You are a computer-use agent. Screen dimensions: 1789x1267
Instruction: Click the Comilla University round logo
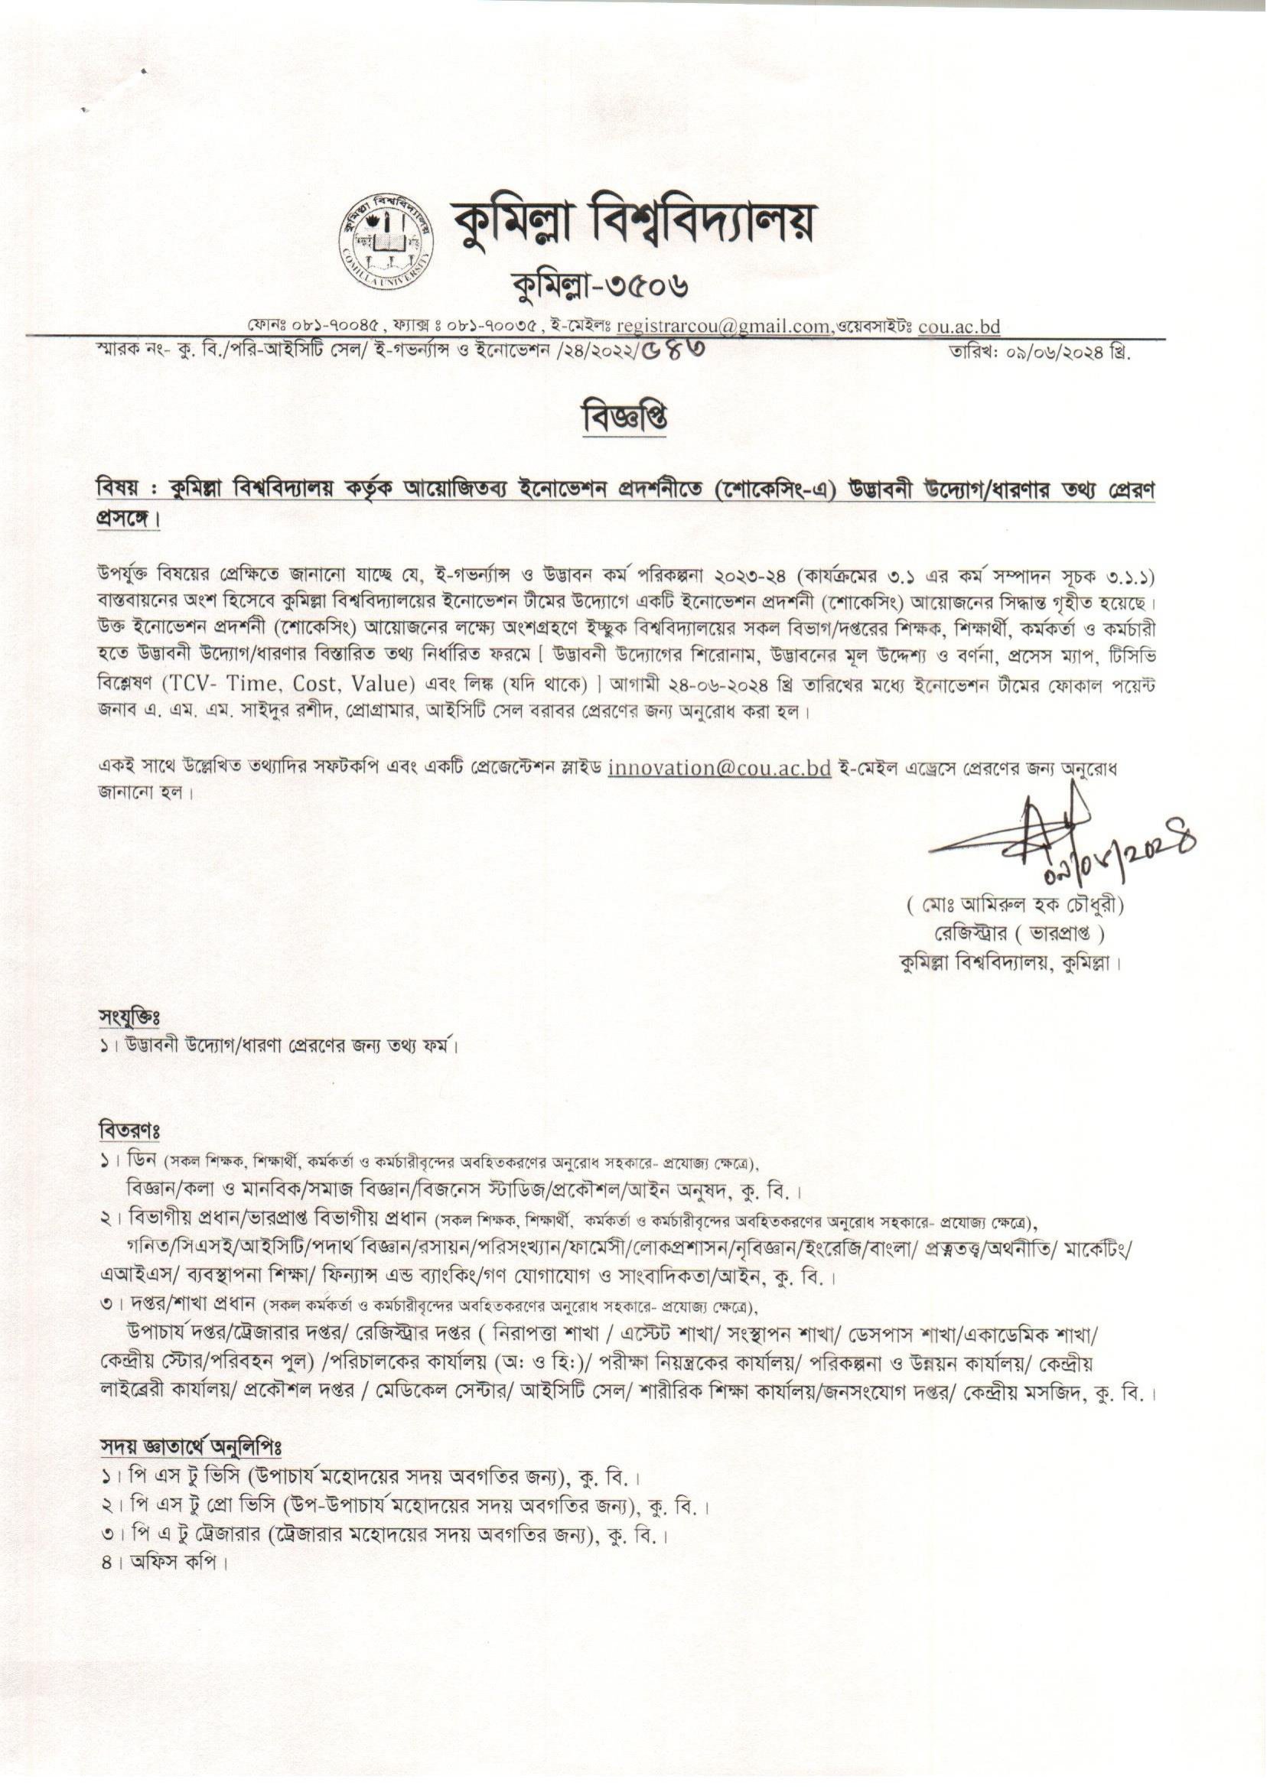tap(385, 239)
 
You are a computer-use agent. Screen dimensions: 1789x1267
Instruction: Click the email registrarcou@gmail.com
tap(722, 327)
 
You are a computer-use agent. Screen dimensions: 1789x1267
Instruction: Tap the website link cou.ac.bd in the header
tap(959, 327)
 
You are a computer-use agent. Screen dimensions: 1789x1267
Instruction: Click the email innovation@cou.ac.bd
tap(718, 767)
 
